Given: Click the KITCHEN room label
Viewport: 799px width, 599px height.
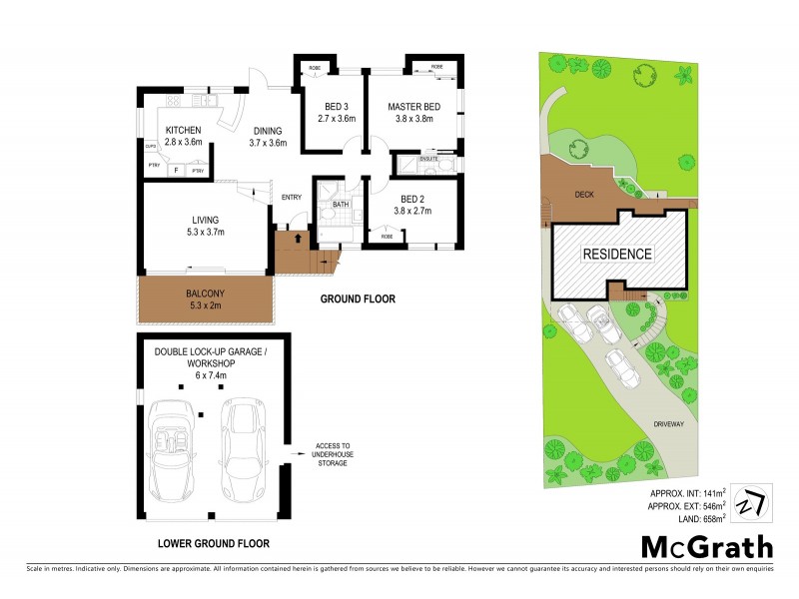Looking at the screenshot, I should (184, 131).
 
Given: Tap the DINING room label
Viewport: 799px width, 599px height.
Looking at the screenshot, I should (267, 131).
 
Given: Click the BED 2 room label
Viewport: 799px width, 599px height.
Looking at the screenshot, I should (411, 199).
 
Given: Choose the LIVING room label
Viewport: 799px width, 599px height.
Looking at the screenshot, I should (205, 221).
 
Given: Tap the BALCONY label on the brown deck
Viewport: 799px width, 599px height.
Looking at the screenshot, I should (206, 294).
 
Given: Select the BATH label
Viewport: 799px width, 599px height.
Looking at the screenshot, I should (341, 205).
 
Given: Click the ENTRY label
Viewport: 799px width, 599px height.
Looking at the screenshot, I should (292, 197).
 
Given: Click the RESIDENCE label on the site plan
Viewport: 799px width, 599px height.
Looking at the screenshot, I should (617, 254).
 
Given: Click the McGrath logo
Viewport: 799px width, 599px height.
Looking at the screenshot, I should (706, 546).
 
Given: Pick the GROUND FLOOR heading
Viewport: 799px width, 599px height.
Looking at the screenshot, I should (357, 299).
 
